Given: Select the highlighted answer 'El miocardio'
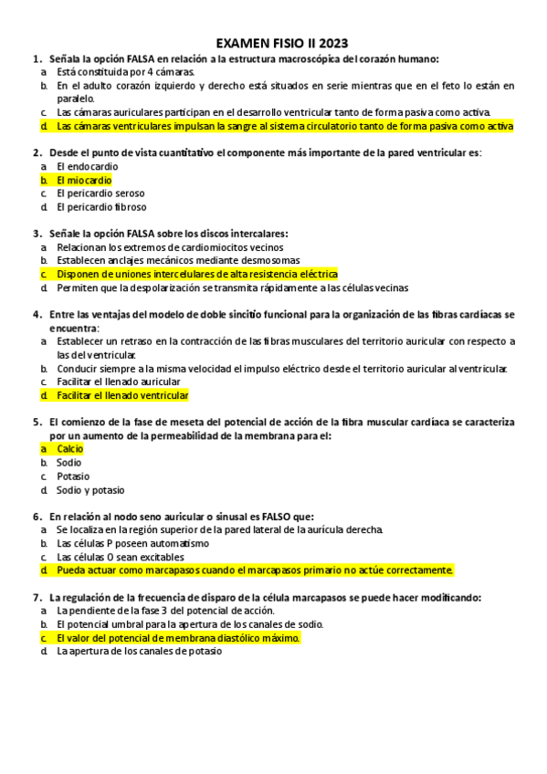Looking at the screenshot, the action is [x=84, y=180].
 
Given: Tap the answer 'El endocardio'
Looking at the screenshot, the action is [x=87, y=166].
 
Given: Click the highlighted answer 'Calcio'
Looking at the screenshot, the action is [x=69, y=449].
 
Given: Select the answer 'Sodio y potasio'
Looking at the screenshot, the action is [x=89, y=490].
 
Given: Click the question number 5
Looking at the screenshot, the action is [x=36, y=423].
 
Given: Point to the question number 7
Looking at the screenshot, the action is [x=36, y=597].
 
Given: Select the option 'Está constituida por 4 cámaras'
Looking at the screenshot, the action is [x=125, y=71].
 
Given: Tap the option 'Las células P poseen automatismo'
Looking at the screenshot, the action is [x=132, y=543].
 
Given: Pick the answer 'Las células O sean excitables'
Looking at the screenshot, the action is [x=121, y=557].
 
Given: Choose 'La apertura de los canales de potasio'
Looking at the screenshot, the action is [x=139, y=652].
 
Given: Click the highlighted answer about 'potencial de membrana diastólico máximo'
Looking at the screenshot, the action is [x=177, y=638].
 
